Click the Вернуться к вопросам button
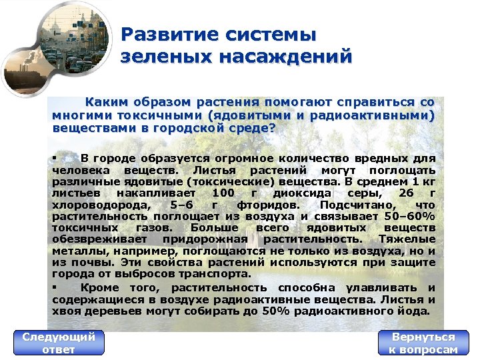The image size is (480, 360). (423, 343)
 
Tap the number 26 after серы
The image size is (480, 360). (406, 193)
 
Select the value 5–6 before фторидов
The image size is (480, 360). (182, 205)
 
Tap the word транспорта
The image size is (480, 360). (218, 273)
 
